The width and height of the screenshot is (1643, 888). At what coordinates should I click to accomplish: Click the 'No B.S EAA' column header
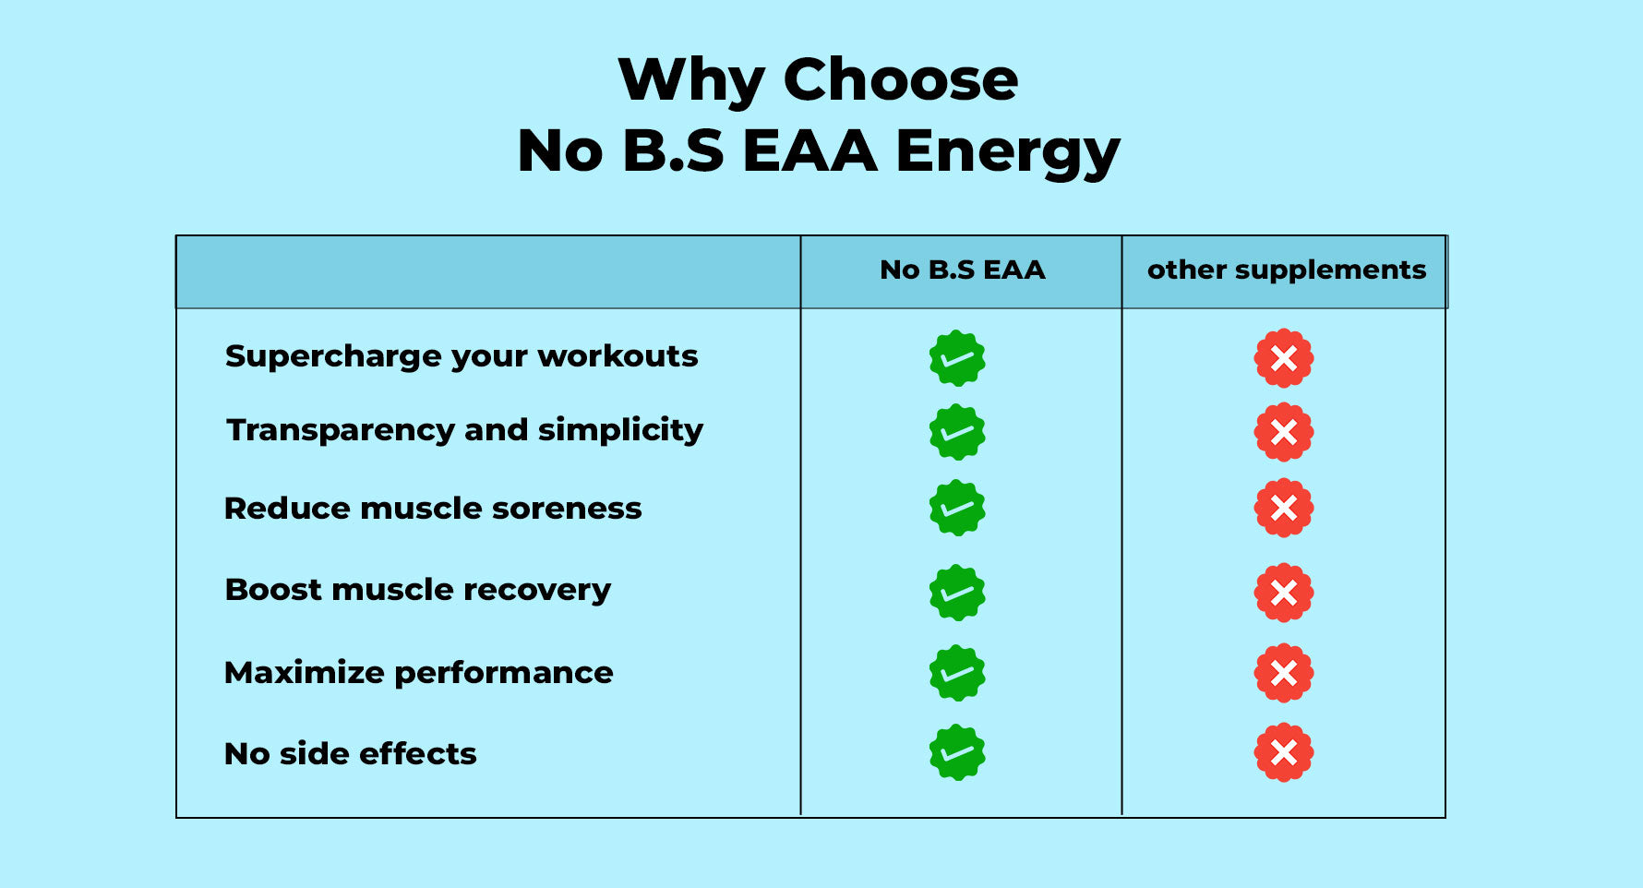point(962,270)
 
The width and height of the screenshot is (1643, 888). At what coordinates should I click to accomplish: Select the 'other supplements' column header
point(1287,270)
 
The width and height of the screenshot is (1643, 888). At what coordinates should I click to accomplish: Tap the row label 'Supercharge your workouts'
point(462,356)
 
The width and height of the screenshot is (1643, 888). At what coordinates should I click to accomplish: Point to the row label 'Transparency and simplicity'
point(465,430)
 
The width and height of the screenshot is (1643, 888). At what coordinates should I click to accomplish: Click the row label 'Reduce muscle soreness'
point(433,509)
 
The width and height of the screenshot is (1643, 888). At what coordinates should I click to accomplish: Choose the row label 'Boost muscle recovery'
point(418,590)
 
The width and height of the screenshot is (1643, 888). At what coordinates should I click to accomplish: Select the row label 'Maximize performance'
point(419,672)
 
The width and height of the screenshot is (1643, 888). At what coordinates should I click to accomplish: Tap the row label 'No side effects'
point(351,753)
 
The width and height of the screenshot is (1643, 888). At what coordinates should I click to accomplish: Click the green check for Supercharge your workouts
point(957,358)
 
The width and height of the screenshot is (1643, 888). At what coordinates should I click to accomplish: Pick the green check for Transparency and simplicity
point(957,432)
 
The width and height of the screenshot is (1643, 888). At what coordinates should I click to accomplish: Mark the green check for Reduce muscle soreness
point(957,508)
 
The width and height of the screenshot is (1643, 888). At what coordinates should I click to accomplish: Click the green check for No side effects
point(957,752)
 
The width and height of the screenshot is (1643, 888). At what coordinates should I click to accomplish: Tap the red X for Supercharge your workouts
point(1284,358)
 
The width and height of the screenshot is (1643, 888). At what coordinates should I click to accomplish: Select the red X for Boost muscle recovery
point(1284,593)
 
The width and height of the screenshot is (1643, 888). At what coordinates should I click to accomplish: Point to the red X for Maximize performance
point(1284,673)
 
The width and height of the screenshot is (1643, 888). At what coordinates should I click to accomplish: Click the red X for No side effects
point(1284,752)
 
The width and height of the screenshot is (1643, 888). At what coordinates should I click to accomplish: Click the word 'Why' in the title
point(691,81)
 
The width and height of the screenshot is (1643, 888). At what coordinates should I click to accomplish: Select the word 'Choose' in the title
point(901,79)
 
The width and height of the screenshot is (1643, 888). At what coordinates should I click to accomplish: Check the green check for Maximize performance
point(957,673)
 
